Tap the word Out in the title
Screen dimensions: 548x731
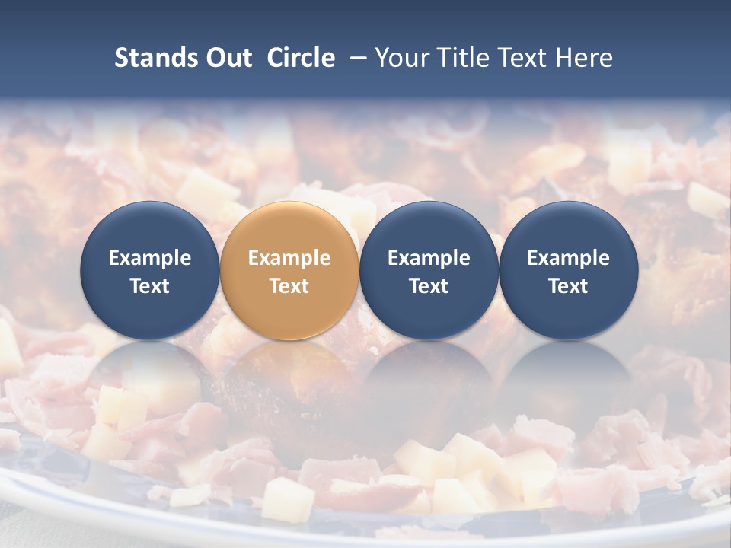(x=228, y=58)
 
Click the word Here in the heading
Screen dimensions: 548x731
(x=586, y=58)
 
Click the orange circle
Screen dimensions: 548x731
(x=289, y=270)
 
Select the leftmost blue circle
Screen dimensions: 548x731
(x=150, y=270)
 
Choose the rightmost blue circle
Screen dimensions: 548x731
(x=568, y=270)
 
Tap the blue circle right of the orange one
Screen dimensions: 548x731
(x=429, y=270)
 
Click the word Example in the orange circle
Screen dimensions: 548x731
(x=289, y=258)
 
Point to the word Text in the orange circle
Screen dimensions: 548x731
(x=289, y=286)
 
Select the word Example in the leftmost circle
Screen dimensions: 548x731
(x=150, y=258)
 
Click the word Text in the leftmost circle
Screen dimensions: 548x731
(x=150, y=286)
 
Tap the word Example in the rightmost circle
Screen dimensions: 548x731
(x=568, y=258)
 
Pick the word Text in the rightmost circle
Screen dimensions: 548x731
(x=568, y=286)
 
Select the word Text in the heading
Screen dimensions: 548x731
(x=524, y=58)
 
